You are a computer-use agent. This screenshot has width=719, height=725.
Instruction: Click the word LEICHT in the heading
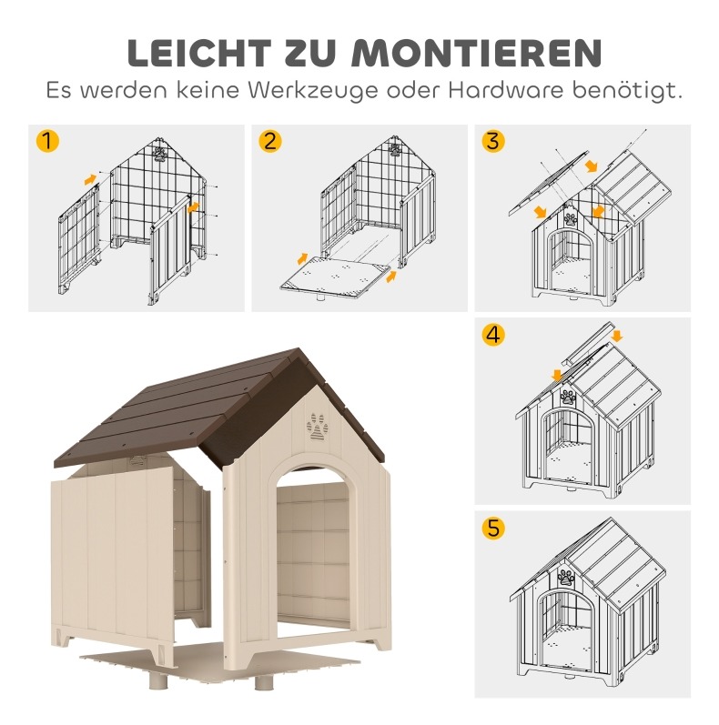pos(199,53)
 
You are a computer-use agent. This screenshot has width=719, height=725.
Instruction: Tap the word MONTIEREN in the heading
pos(477,53)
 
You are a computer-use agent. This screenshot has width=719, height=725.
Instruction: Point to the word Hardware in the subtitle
pos(505,89)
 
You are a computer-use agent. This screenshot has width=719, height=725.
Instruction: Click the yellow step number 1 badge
pos(47,141)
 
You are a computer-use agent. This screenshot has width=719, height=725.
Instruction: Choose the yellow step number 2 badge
pos(270,141)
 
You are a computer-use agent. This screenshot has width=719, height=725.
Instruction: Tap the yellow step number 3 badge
pos(493,141)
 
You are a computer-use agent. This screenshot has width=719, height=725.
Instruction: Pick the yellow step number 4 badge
pos(493,334)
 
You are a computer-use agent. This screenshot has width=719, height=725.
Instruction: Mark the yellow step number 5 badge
pos(493,528)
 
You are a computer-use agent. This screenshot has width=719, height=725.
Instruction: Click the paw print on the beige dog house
pos(317,427)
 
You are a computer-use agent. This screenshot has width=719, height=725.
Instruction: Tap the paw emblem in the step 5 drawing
pos(565,578)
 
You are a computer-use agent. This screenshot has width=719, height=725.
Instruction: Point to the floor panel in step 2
pos(335,275)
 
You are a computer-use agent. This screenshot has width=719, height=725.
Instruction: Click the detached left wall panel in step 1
pos(79,238)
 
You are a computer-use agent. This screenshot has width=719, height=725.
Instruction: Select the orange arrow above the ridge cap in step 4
pos(616,337)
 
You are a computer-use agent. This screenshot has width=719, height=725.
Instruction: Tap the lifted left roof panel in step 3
pos(548,183)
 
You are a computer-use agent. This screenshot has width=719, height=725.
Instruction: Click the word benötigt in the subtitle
pos(628,90)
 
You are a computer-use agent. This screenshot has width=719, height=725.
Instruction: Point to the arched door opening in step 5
pos(565,629)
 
